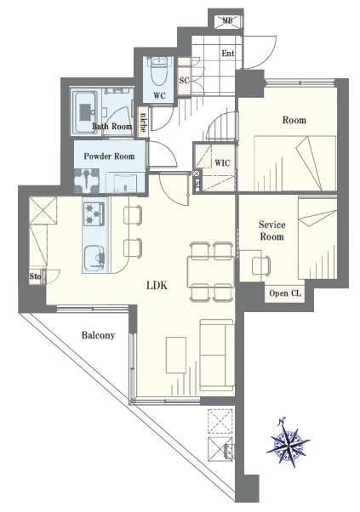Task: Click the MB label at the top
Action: (x=227, y=20)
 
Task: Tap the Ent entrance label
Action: (x=228, y=53)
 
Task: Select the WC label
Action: (x=159, y=95)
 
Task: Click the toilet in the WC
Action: (x=160, y=71)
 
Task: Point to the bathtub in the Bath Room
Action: (x=84, y=112)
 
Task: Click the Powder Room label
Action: (x=109, y=156)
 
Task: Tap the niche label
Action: (x=143, y=122)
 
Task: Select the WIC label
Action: (x=222, y=162)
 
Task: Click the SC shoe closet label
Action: (x=184, y=80)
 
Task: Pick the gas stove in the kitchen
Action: (x=94, y=213)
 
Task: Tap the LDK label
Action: (x=157, y=286)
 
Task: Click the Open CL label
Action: (x=285, y=293)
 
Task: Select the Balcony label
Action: (x=98, y=335)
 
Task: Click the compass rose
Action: (x=288, y=441)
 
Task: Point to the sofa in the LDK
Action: (x=217, y=355)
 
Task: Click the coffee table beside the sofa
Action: (x=176, y=355)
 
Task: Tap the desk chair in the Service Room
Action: (x=261, y=265)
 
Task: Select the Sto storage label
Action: (x=35, y=276)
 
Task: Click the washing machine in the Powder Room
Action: (x=87, y=180)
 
